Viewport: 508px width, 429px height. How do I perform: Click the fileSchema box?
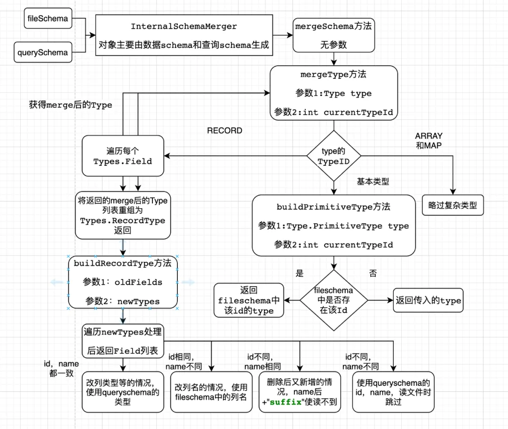click(x=48, y=19)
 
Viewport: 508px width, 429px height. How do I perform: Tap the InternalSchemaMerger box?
click(x=184, y=35)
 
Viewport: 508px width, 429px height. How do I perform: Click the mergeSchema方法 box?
click(x=333, y=35)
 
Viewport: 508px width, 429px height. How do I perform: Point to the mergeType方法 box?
click(x=333, y=93)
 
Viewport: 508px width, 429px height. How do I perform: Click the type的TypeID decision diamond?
click(x=333, y=156)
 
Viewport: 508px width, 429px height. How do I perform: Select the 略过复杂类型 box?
click(x=452, y=205)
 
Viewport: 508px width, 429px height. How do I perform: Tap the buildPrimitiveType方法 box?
click(x=333, y=226)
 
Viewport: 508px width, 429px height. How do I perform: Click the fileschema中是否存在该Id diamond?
click(x=333, y=300)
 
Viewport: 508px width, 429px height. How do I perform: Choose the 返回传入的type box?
click(x=428, y=300)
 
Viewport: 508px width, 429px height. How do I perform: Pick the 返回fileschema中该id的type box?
click(x=249, y=300)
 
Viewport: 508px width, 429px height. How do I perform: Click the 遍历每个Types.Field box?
click(x=123, y=156)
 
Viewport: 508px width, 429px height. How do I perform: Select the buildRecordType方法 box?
click(x=123, y=282)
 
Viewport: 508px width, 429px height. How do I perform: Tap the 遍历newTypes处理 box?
click(x=123, y=341)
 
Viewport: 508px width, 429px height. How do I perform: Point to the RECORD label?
click(x=225, y=131)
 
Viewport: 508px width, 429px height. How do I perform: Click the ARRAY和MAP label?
click(x=429, y=140)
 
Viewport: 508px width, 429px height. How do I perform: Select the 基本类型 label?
click(x=373, y=182)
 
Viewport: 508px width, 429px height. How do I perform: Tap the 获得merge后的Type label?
click(x=71, y=105)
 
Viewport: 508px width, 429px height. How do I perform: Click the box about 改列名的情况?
click(x=211, y=392)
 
